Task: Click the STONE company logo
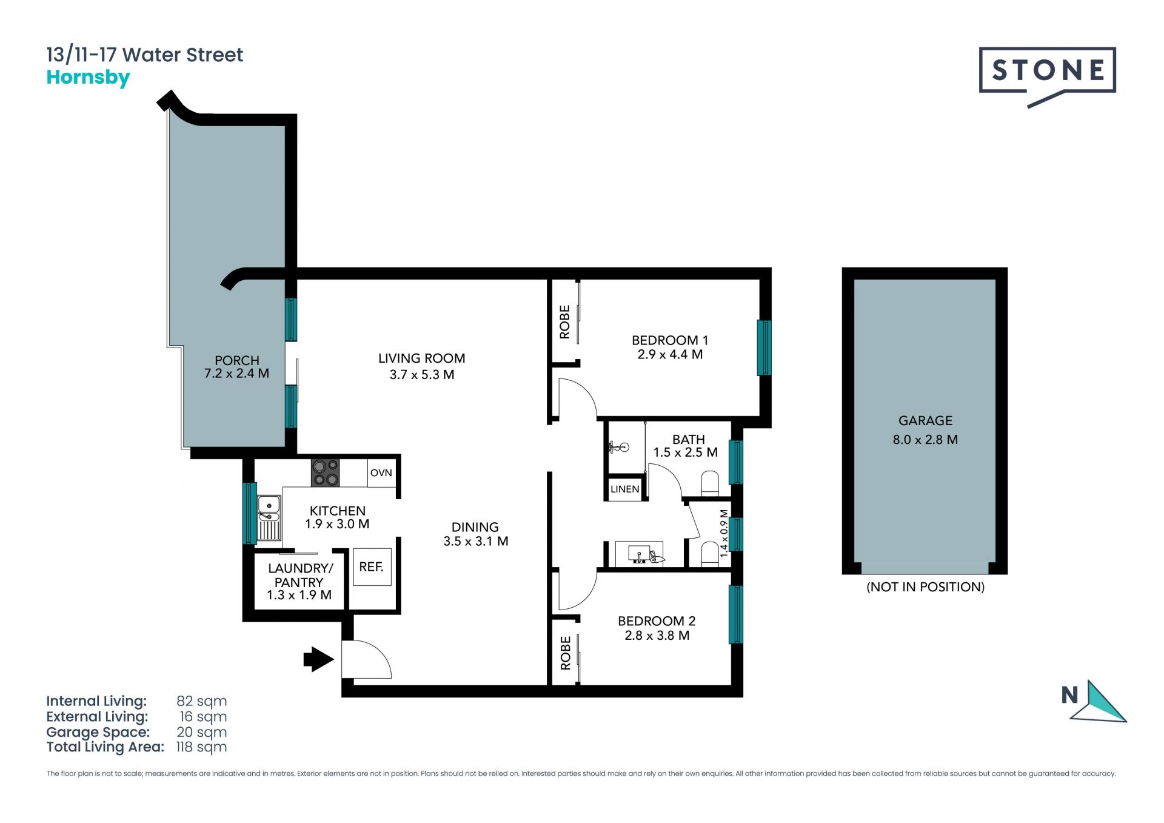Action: click(1047, 76)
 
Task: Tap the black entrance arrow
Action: click(318, 659)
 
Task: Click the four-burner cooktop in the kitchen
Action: click(325, 472)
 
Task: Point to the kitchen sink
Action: click(269, 517)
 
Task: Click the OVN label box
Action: click(381, 473)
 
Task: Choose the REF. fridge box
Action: click(372, 567)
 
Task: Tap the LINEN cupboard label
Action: click(624, 489)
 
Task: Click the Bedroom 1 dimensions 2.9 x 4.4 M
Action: click(670, 355)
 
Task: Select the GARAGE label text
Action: click(925, 421)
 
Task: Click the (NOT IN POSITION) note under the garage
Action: click(925, 587)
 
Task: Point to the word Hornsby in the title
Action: click(89, 78)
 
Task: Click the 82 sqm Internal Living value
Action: click(202, 701)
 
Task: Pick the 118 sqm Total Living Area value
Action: click(201, 747)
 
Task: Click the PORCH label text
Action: click(236, 361)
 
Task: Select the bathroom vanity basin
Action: click(640, 554)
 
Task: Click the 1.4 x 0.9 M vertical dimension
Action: click(723, 534)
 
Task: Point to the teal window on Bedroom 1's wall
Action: click(764, 348)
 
